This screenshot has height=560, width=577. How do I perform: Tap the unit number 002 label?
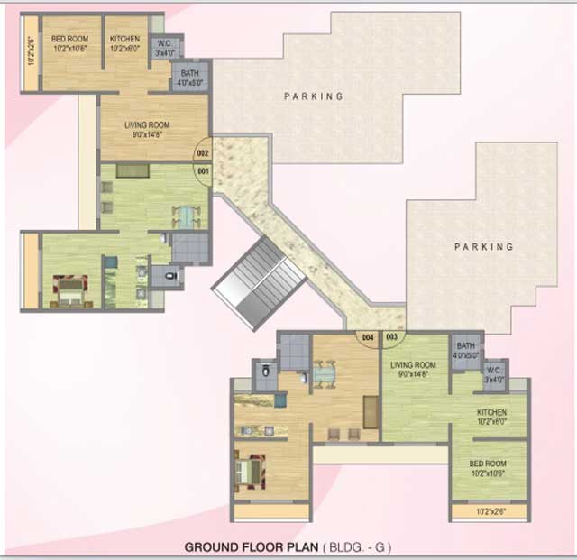click(x=204, y=153)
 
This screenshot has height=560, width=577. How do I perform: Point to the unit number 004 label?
click(x=367, y=337)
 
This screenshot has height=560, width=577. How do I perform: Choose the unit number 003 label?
click(x=391, y=337)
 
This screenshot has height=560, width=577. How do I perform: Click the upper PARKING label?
click(x=314, y=96)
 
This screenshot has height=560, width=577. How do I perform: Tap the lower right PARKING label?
click(x=483, y=246)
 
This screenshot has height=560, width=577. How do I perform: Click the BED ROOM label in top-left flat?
click(x=69, y=39)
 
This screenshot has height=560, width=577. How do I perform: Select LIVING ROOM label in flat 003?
click(x=413, y=365)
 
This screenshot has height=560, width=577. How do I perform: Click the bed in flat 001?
click(x=69, y=290)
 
